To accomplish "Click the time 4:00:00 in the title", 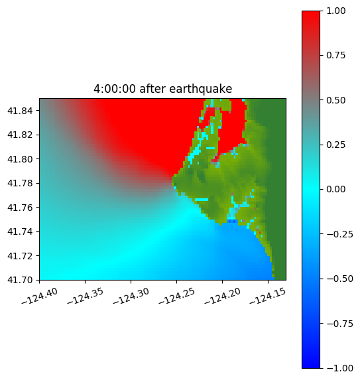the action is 115,89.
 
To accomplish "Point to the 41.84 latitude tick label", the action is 20,111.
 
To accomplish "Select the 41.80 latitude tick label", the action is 20,159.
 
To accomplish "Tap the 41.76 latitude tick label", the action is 20,208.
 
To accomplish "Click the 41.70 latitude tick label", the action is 20,280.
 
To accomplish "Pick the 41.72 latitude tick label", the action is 20,256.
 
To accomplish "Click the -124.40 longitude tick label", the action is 40,296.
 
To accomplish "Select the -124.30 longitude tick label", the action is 131,296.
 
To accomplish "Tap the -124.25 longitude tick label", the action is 176,296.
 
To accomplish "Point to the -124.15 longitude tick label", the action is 268,296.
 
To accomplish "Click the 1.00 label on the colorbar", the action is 335,11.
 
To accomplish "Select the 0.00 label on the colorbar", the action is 335,189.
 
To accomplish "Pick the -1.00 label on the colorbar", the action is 339,368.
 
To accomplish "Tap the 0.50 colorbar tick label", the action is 335,100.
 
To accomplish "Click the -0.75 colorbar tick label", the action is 339,324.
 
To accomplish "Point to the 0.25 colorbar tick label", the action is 335,145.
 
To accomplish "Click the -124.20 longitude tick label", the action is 222,296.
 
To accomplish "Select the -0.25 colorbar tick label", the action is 339,234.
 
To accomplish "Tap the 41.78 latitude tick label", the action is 20,183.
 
